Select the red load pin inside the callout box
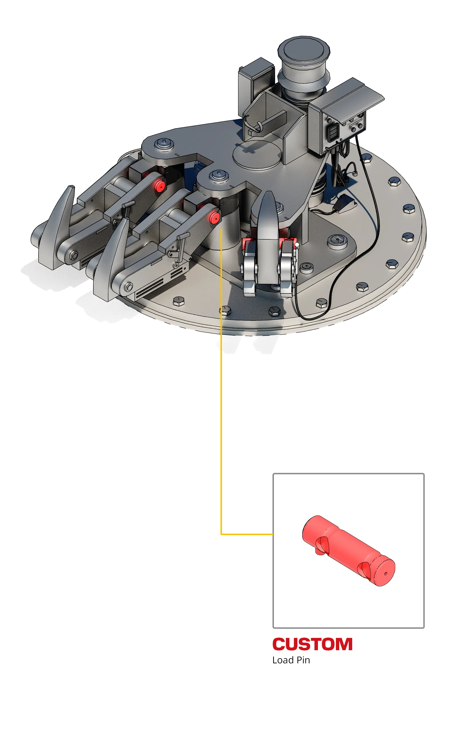point(348,551)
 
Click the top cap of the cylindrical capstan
point(304,49)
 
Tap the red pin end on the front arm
point(215,217)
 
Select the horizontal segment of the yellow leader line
point(247,534)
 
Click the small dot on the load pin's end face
point(385,574)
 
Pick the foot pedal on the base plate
point(344,205)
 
